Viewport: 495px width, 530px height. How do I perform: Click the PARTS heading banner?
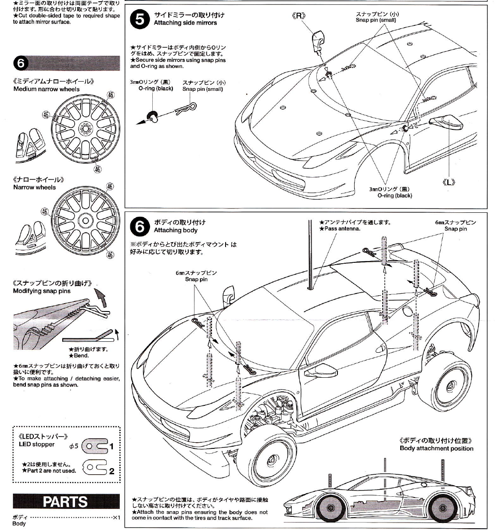tap(66, 501)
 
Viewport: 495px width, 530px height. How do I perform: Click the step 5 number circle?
tap(140, 20)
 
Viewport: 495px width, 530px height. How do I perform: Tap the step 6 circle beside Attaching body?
tap(140, 227)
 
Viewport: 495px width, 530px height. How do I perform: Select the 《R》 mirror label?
tap(298, 16)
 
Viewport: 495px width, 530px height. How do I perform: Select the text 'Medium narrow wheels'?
tap(47, 89)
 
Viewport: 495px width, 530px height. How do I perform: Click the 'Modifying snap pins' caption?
tap(42, 291)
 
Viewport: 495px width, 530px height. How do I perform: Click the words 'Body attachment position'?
tap(436, 448)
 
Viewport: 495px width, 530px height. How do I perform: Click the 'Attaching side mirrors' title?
tap(185, 23)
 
